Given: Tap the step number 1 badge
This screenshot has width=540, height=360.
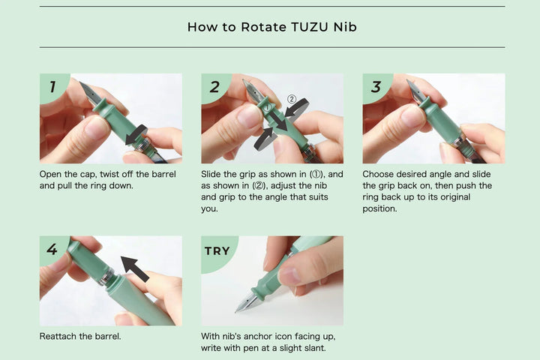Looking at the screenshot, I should [52, 86].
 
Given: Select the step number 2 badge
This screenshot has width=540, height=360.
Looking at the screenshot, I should [214, 86].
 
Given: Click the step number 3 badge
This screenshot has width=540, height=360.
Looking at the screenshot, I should [376, 86].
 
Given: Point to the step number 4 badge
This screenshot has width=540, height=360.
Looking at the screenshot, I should [52, 249].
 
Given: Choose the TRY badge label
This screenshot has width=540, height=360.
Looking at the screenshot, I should [217, 250].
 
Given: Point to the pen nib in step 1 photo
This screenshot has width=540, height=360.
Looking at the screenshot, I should [88, 93].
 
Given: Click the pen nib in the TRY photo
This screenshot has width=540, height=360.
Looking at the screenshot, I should [244, 304].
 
